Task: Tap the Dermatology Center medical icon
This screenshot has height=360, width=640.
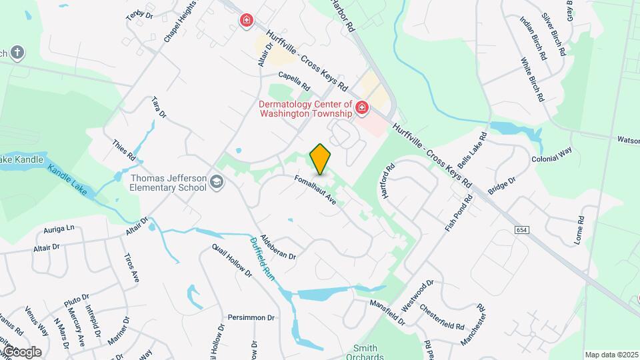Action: [x=362, y=107]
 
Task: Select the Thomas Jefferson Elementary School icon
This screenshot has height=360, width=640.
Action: [x=216, y=182]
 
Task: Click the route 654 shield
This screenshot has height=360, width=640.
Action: [x=523, y=230]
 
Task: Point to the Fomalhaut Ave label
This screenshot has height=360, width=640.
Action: [x=317, y=189]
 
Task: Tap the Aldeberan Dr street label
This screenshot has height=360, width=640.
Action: [x=278, y=247]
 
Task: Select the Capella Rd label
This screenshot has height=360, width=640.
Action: [x=294, y=81]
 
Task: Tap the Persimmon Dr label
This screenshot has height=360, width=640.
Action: [x=251, y=317]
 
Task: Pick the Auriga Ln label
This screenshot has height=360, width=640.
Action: [x=59, y=229]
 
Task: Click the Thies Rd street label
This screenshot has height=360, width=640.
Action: [x=124, y=151]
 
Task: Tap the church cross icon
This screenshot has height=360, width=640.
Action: [x=17, y=51]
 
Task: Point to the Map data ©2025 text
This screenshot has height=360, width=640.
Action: [x=611, y=355]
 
